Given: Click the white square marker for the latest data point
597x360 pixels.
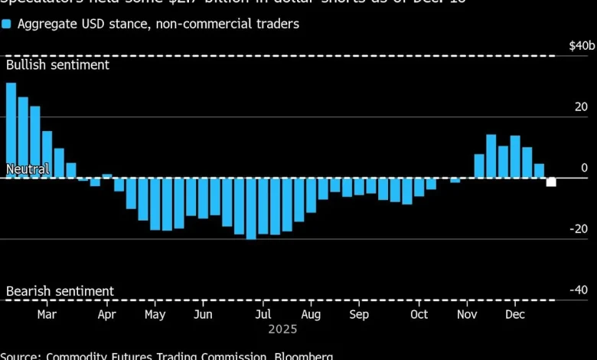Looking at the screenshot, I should click(551, 182).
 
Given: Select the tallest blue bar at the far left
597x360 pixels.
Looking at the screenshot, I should click(11, 130).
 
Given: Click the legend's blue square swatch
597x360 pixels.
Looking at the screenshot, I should click(6, 24).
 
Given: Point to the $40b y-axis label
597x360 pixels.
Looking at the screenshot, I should click(581, 46).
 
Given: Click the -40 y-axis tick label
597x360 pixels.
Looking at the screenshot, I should click(579, 290).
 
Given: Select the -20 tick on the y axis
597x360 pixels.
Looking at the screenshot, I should click(579, 229).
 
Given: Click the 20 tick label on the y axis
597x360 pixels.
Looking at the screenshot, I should click(582, 107).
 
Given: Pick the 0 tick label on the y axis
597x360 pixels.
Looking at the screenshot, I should click(585, 168).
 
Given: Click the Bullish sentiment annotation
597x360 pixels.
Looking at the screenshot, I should click(57, 65).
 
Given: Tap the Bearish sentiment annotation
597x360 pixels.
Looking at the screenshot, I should click(60, 291).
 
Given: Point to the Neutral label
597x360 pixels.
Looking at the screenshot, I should click(28, 169).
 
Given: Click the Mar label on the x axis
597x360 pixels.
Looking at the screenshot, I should click(47, 315).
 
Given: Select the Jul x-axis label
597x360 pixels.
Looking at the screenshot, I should click(263, 315).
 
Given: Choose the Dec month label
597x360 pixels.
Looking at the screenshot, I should click(515, 315).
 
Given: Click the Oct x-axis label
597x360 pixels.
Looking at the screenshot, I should click(419, 315).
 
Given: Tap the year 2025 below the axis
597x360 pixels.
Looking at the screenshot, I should click(282, 329).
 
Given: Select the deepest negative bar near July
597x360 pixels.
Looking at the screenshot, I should click(251, 208).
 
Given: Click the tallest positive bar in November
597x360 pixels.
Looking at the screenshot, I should click(491, 156).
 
